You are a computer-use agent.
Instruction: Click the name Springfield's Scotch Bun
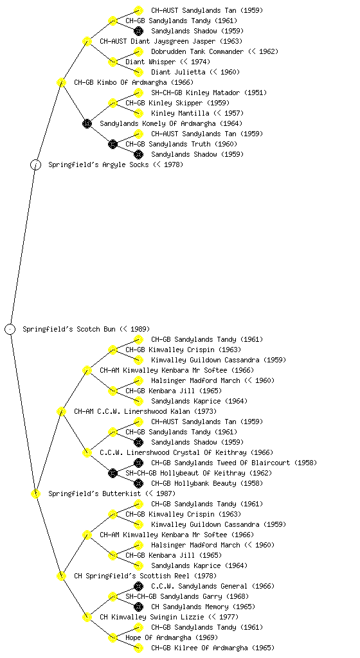[86, 330]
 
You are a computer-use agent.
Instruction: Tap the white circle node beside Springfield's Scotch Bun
[10, 330]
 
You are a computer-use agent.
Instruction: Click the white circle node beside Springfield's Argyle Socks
[35, 165]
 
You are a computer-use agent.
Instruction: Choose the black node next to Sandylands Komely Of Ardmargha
[87, 124]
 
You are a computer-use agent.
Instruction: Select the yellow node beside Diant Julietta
[138, 72]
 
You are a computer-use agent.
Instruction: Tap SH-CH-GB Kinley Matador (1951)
[208, 93]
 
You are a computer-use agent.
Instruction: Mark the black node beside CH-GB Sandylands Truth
[113, 145]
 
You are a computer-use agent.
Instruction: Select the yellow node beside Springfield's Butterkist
[35, 494]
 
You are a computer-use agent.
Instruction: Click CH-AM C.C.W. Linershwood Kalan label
[145, 412]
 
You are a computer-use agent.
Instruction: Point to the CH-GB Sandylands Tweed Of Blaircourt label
[234, 463]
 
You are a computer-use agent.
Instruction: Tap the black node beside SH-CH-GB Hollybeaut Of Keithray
[113, 474]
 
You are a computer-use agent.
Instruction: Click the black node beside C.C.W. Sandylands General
[138, 586]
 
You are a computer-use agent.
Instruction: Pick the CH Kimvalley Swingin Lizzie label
[169, 618]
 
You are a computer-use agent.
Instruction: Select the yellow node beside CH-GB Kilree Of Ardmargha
[138, 648]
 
